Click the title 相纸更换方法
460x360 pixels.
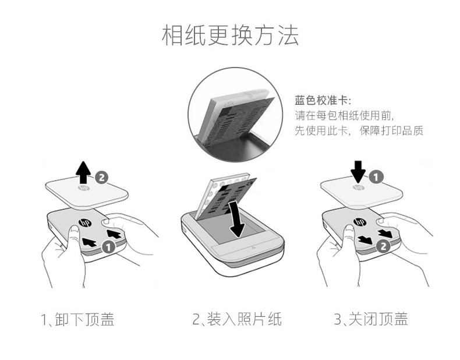tap(229, 36)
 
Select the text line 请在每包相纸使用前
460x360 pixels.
tap(340, 115)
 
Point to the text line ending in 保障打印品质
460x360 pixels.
tap(358, 131)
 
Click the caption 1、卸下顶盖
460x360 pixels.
tap(77, 319)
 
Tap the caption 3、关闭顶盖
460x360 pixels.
tap(371, 319)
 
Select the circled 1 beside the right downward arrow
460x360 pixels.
tap(377, 175)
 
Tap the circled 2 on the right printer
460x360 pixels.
tap(381, 246)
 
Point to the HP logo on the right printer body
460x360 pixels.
tap(359, 221)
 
